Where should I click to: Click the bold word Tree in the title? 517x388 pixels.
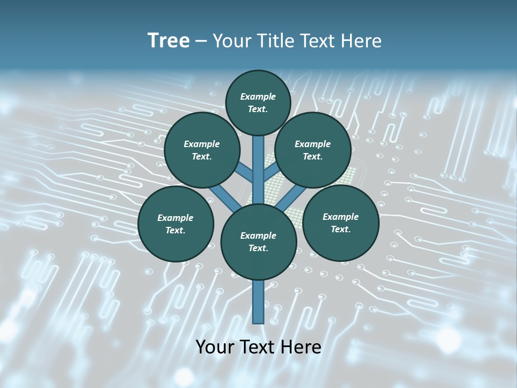pyautogui.click(x=169, y=40)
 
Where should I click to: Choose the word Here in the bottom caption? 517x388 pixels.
pyautogui.click(x=300, y=347)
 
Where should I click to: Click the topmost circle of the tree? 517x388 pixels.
pyautogui.click(x=258, y=102)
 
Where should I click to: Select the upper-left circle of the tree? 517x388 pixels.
pyautogui.click(x=202, y=150)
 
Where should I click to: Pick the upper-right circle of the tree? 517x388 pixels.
pyautogui.click(x=313, y=150)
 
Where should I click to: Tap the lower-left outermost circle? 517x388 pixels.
pyautogui.click(x=176, y=224)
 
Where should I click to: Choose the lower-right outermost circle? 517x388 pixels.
pyautogui.click(x=340, y=223)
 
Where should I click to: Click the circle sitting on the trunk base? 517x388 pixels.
pyautogui.click(x=258, y=242)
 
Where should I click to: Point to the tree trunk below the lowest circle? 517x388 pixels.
pyautogui.click(x=258, y=302)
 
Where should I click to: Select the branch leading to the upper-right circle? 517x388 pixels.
pyautogui.click(x=271, y=173)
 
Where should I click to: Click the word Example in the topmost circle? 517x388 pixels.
pyautogui.click(x=258, y=96)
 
